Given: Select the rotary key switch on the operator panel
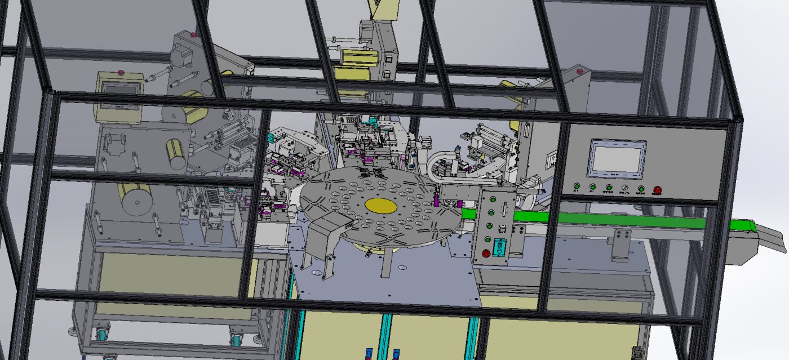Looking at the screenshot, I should click(624, 187).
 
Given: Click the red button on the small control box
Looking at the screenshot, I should click(486, 253).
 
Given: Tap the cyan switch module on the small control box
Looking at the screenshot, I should click(499, 247).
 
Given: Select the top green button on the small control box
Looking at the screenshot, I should click(493, 198).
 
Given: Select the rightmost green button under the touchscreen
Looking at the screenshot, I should click(641, 188).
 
